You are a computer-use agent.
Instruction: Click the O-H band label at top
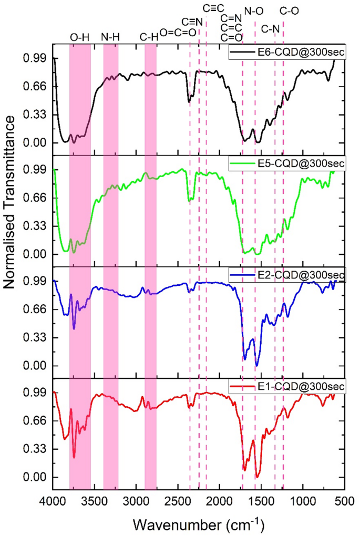[x=80, y=37]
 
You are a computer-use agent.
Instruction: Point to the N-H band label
[x=110, y=37]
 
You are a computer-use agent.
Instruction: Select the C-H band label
[x=150, y=37]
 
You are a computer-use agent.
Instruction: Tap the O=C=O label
[x=178, y=33]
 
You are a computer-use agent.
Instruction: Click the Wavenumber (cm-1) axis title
[x=198, y=523]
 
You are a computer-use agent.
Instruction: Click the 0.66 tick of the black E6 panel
[x=36, y=86]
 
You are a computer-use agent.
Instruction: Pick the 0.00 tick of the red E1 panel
[x=36, y=477]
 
